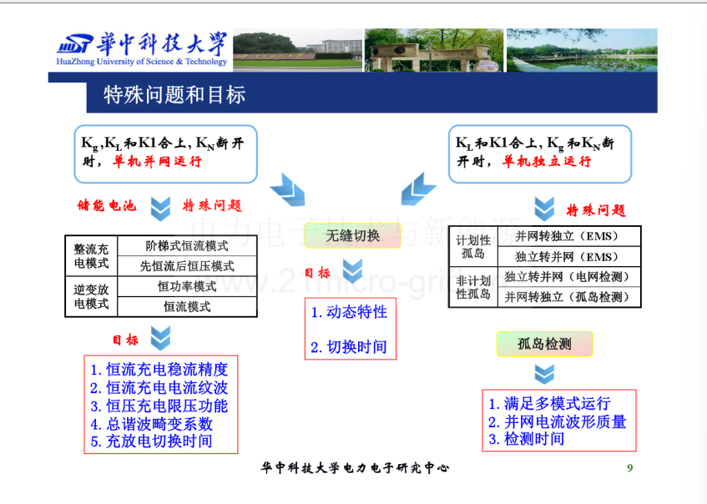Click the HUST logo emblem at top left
[x=75, y=44]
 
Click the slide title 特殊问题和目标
[x=174, y=95]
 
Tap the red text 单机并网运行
[x=157, y=161]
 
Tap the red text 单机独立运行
[x=547, y=161]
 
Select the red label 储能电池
[x=107, y=205]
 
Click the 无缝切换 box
[x=352, y=235]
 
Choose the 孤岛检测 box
[x=545, y=344]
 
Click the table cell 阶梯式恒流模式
[x=187, y=245]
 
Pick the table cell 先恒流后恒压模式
[x=187, y=266]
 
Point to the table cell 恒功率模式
[x=187, y=286]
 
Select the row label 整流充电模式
[x=91, y=256]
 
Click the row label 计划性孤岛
[x=473, y=247]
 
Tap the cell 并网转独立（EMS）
[x=569, y=236]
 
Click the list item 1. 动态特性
[x=349, y=312]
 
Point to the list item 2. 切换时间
[x=349, y=347]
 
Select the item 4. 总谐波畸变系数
[x=152, y=424]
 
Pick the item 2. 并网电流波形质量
[x=558, y=422]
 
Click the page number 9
[x=630, y=468]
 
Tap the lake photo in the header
[x=582, y=50]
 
